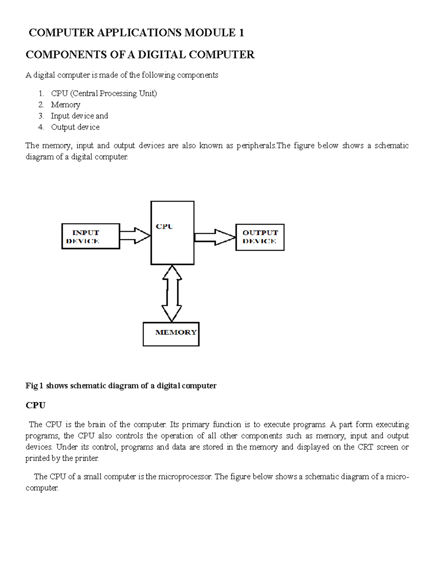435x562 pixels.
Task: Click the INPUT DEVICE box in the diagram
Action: click(x=91, y=236)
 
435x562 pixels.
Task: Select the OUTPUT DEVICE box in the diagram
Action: click(x=260, y=237)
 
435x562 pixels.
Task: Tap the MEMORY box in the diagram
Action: click(x=171, y=334)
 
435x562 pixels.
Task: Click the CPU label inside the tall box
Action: click(x=165, y=227)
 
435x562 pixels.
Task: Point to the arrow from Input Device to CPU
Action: click(x=135, y=236)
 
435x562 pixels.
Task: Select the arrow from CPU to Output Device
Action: click(x=215, y=237)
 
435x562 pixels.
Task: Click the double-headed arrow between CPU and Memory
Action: click(x=172, y=293)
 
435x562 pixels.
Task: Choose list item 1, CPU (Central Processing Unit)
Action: click(x=104, y=93)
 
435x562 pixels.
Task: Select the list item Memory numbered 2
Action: click(x=66, y=105)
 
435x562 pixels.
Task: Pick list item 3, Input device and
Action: click(x=79, y=116)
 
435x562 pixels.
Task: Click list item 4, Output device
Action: click(x=75, y=127)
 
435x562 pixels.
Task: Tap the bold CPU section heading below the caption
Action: click(x=35, y=405)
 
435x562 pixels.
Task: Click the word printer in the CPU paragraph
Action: click(x=86, y=458)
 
